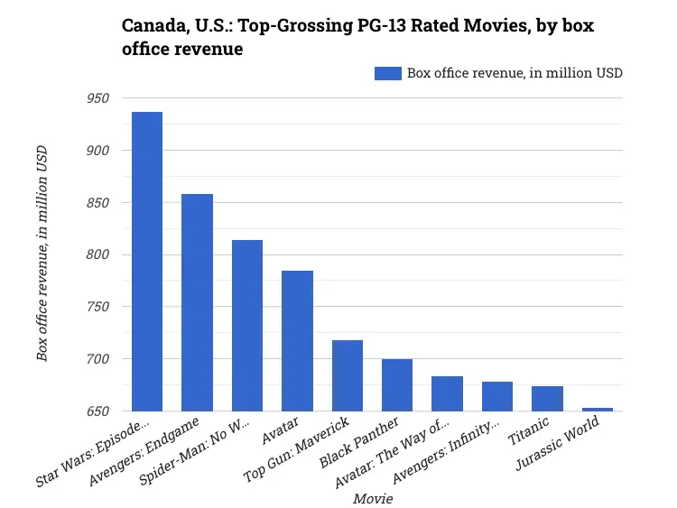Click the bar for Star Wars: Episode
(147, 262)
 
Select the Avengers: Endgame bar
(197, 302)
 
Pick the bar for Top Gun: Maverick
(348, 375)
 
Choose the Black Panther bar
(397, 384)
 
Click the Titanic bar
(547, 398)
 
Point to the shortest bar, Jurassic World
(597, 409)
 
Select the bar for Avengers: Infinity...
(497, 396)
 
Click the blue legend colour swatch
(387, 73)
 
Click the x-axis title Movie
(373, 498)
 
